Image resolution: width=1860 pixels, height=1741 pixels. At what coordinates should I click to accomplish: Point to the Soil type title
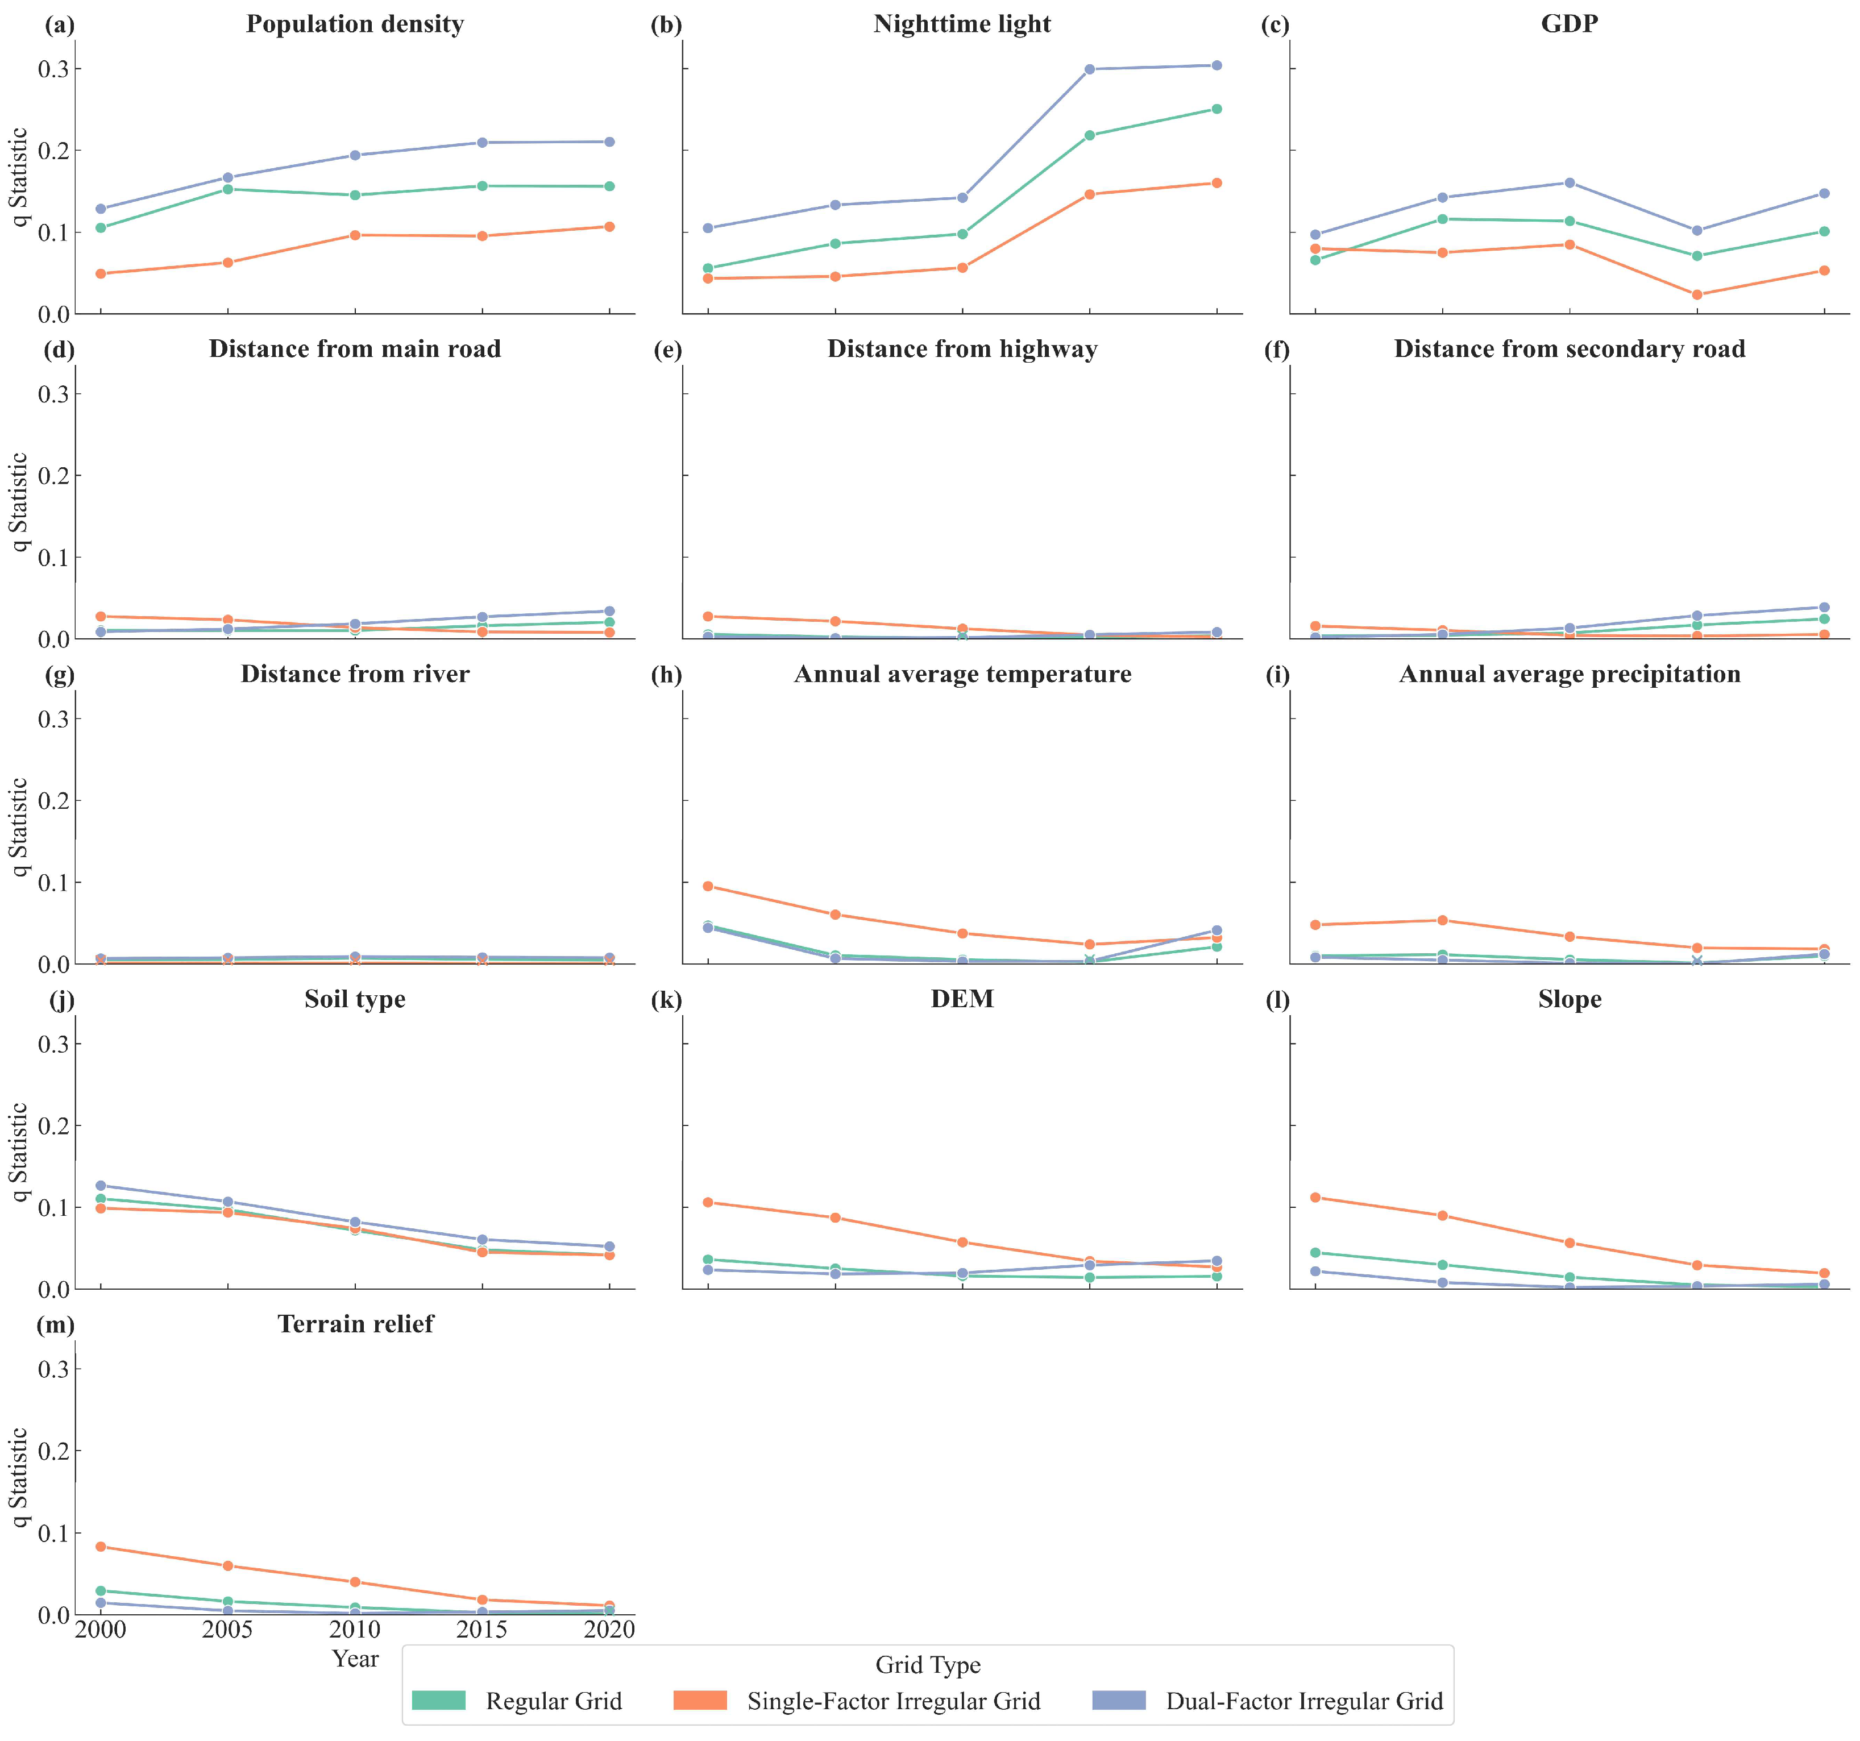click(x=355, y=999)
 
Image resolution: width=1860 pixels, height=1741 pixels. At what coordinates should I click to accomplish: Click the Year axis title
click(x=355, y=1659)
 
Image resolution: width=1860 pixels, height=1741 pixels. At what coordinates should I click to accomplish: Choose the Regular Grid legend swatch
click(x=439, y=1700)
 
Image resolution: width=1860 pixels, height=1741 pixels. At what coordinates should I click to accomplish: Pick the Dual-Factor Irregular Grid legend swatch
click(x=1119, y=1700)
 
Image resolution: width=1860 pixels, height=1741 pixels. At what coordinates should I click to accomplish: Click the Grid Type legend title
click(x=928, y=1665)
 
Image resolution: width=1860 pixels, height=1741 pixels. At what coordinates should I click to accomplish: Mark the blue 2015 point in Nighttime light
click(x=1089, y=69)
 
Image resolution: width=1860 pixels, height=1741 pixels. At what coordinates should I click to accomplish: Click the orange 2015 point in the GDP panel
click(x=1697, y=294)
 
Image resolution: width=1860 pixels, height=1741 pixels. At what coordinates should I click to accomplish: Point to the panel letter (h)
click(x=666, y=675)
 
